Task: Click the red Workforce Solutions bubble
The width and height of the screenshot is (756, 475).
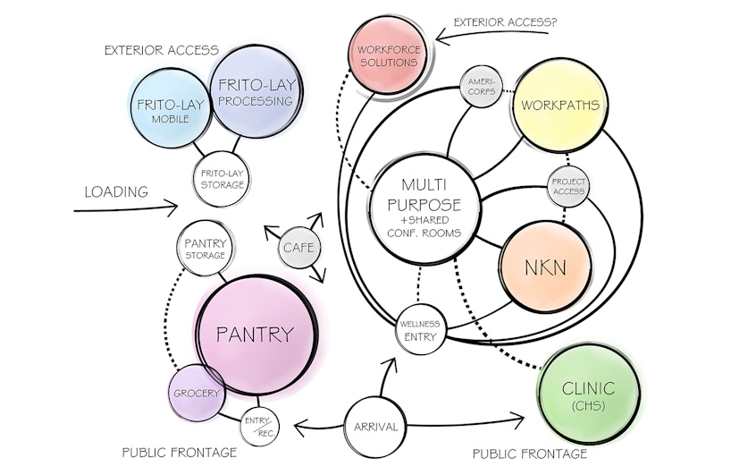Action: (387, 55)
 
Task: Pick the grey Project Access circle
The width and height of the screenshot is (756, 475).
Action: (568, 185)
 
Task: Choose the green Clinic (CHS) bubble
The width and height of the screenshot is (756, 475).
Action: (589, 394)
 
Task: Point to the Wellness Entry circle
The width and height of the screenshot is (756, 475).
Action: (419, 328)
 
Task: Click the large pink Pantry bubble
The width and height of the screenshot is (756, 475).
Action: (256, 335)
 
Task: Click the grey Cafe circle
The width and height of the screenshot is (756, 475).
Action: (298, 247)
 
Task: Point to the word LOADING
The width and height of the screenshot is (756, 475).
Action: (115, 191)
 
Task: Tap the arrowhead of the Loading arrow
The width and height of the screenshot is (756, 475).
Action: (175, 208)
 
